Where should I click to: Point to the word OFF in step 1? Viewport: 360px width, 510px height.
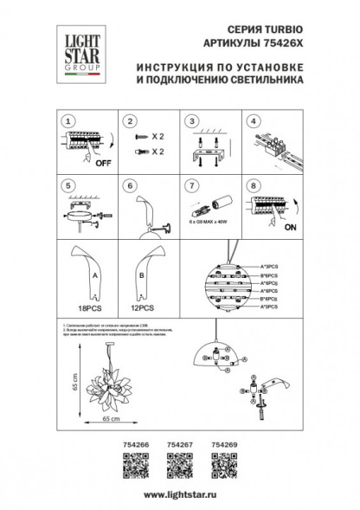point(104,162)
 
